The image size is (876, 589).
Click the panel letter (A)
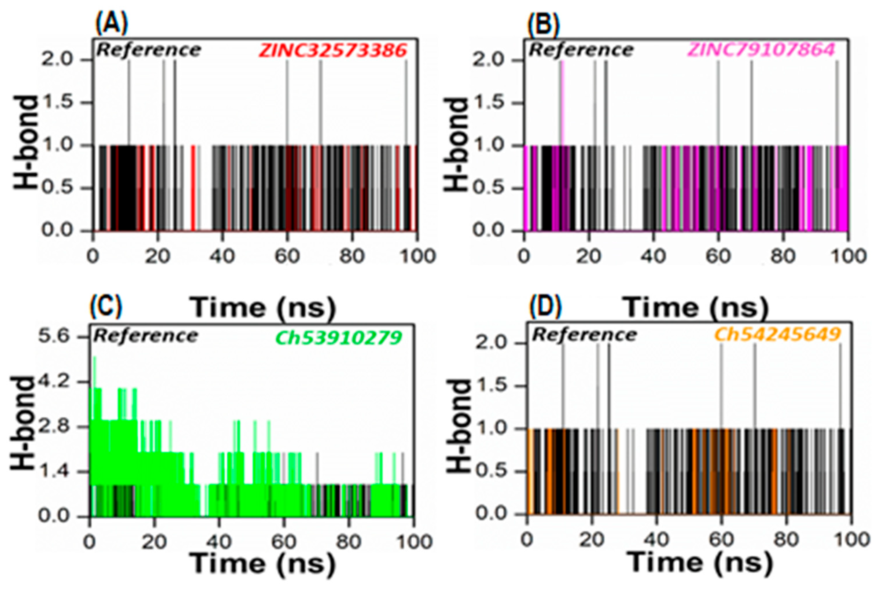(111, 23)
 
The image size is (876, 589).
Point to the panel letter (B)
(543, 24)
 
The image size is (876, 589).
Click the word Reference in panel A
(149, 50)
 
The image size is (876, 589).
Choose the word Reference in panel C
(146, 335)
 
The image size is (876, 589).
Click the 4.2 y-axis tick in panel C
(54, 382)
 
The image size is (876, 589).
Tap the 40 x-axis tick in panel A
(222, 256)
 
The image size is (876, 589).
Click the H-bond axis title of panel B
(455, 145)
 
